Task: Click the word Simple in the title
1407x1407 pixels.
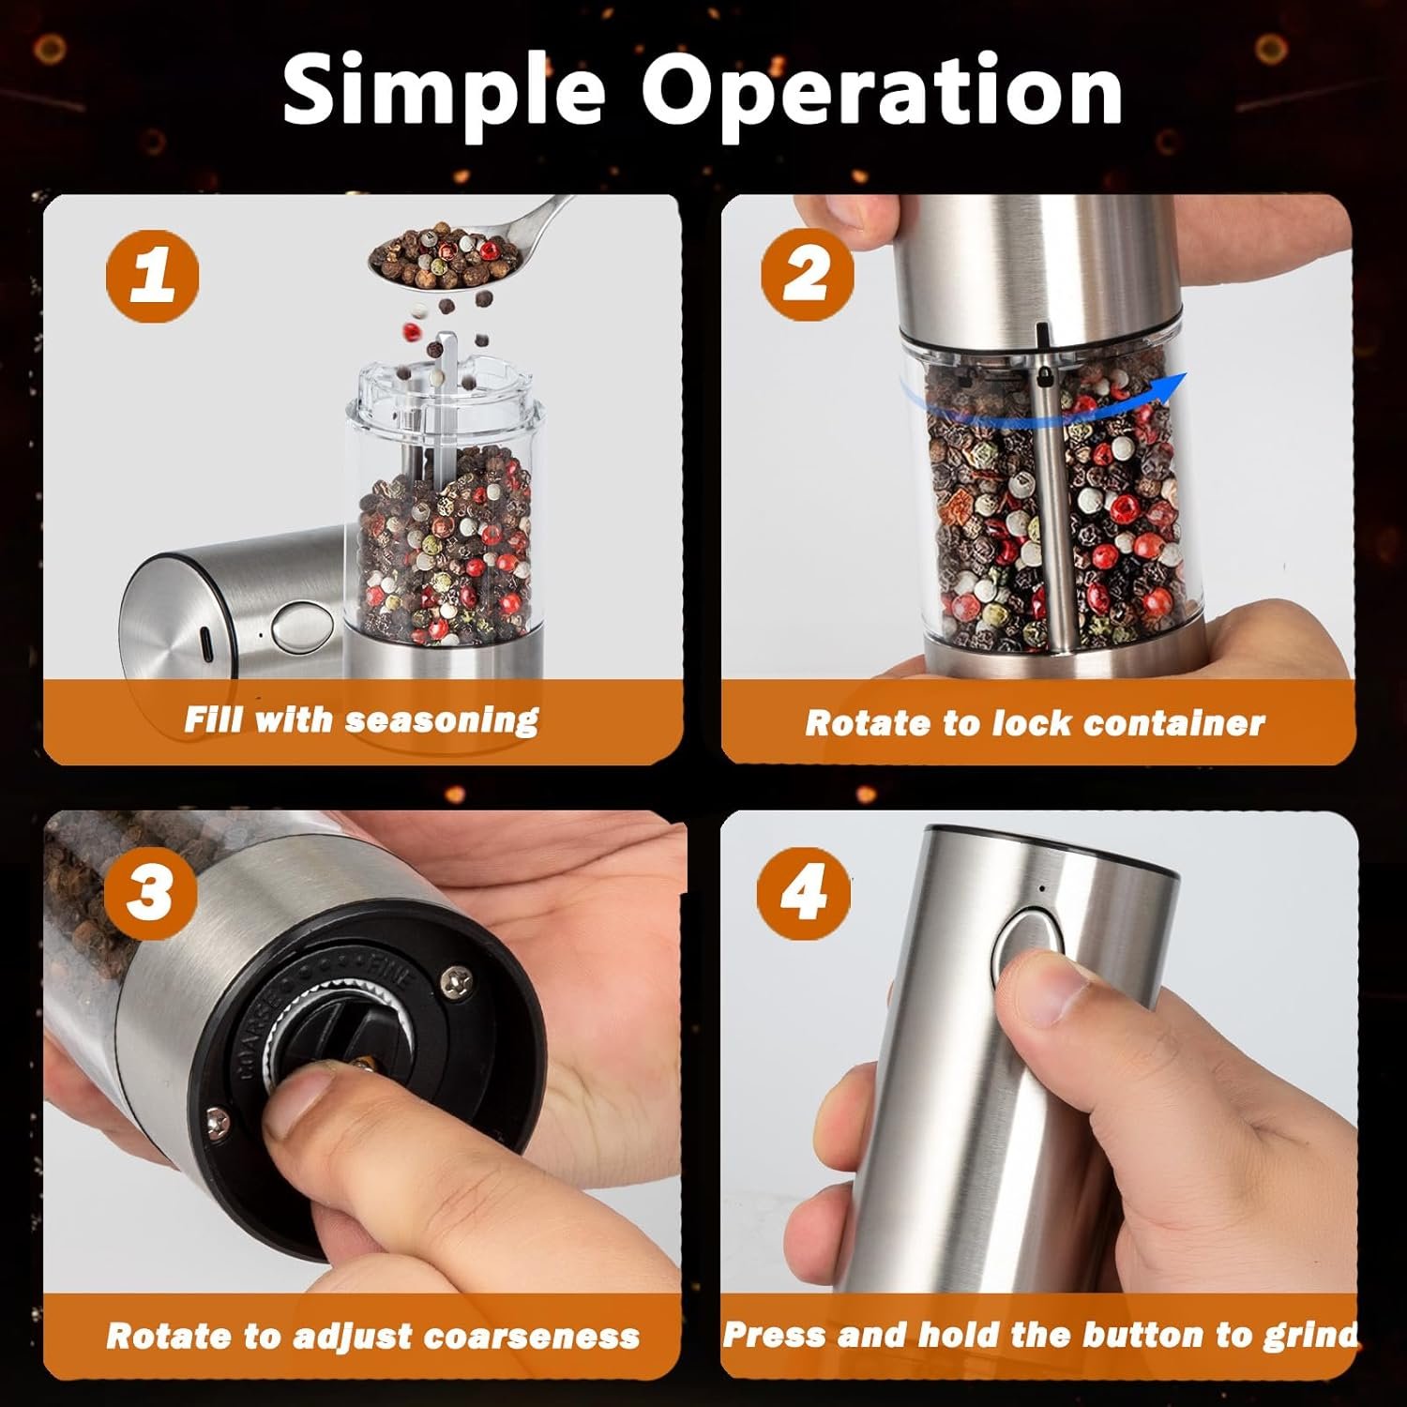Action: point(443,91)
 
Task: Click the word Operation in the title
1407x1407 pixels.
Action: point(882,91)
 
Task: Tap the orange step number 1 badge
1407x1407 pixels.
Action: point(152,277)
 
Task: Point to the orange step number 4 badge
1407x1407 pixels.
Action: point(805,891)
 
